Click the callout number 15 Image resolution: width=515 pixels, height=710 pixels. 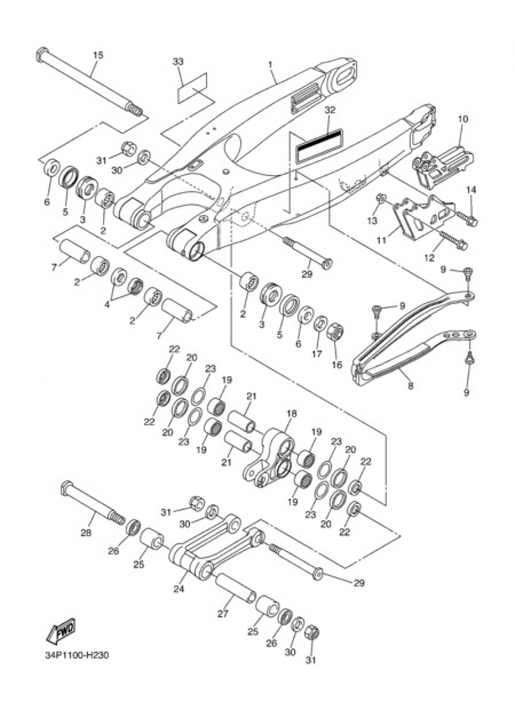[97, 55]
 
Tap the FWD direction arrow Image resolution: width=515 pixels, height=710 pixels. [61, 631]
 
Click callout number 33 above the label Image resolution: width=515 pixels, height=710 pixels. [178, 61]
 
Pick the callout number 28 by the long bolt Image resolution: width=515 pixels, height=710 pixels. [86, 533]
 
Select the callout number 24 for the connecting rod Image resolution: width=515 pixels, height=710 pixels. [178, 589]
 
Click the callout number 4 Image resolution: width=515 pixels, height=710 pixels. [107, 304]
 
